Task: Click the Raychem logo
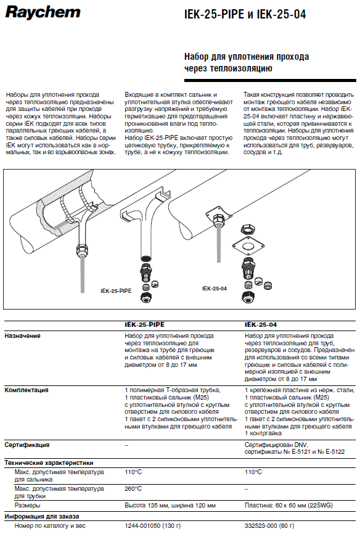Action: (x=43, y=12)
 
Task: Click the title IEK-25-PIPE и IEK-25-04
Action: (x=245, y=14)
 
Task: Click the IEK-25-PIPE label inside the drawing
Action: (x=116, y=291)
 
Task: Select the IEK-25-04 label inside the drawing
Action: (x=215, y=289)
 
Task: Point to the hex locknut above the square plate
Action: (x=248, y=229)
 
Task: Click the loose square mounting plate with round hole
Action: (x=248, y=246)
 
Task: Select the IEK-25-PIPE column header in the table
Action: (x=144, y=324)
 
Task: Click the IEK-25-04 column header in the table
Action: (x=261, y=324)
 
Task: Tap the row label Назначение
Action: (x=22, y=336)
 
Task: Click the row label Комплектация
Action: (x=27, y=390)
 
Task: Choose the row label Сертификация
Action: (x=27, y=445)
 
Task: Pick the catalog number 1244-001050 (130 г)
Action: (x=153, y=526)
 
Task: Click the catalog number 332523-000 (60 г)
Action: (x=269, y=526)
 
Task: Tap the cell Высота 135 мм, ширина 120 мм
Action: (x=170, y=506)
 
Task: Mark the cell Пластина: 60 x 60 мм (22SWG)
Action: (x=288, y=506)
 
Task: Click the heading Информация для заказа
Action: (x=42, y=516)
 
